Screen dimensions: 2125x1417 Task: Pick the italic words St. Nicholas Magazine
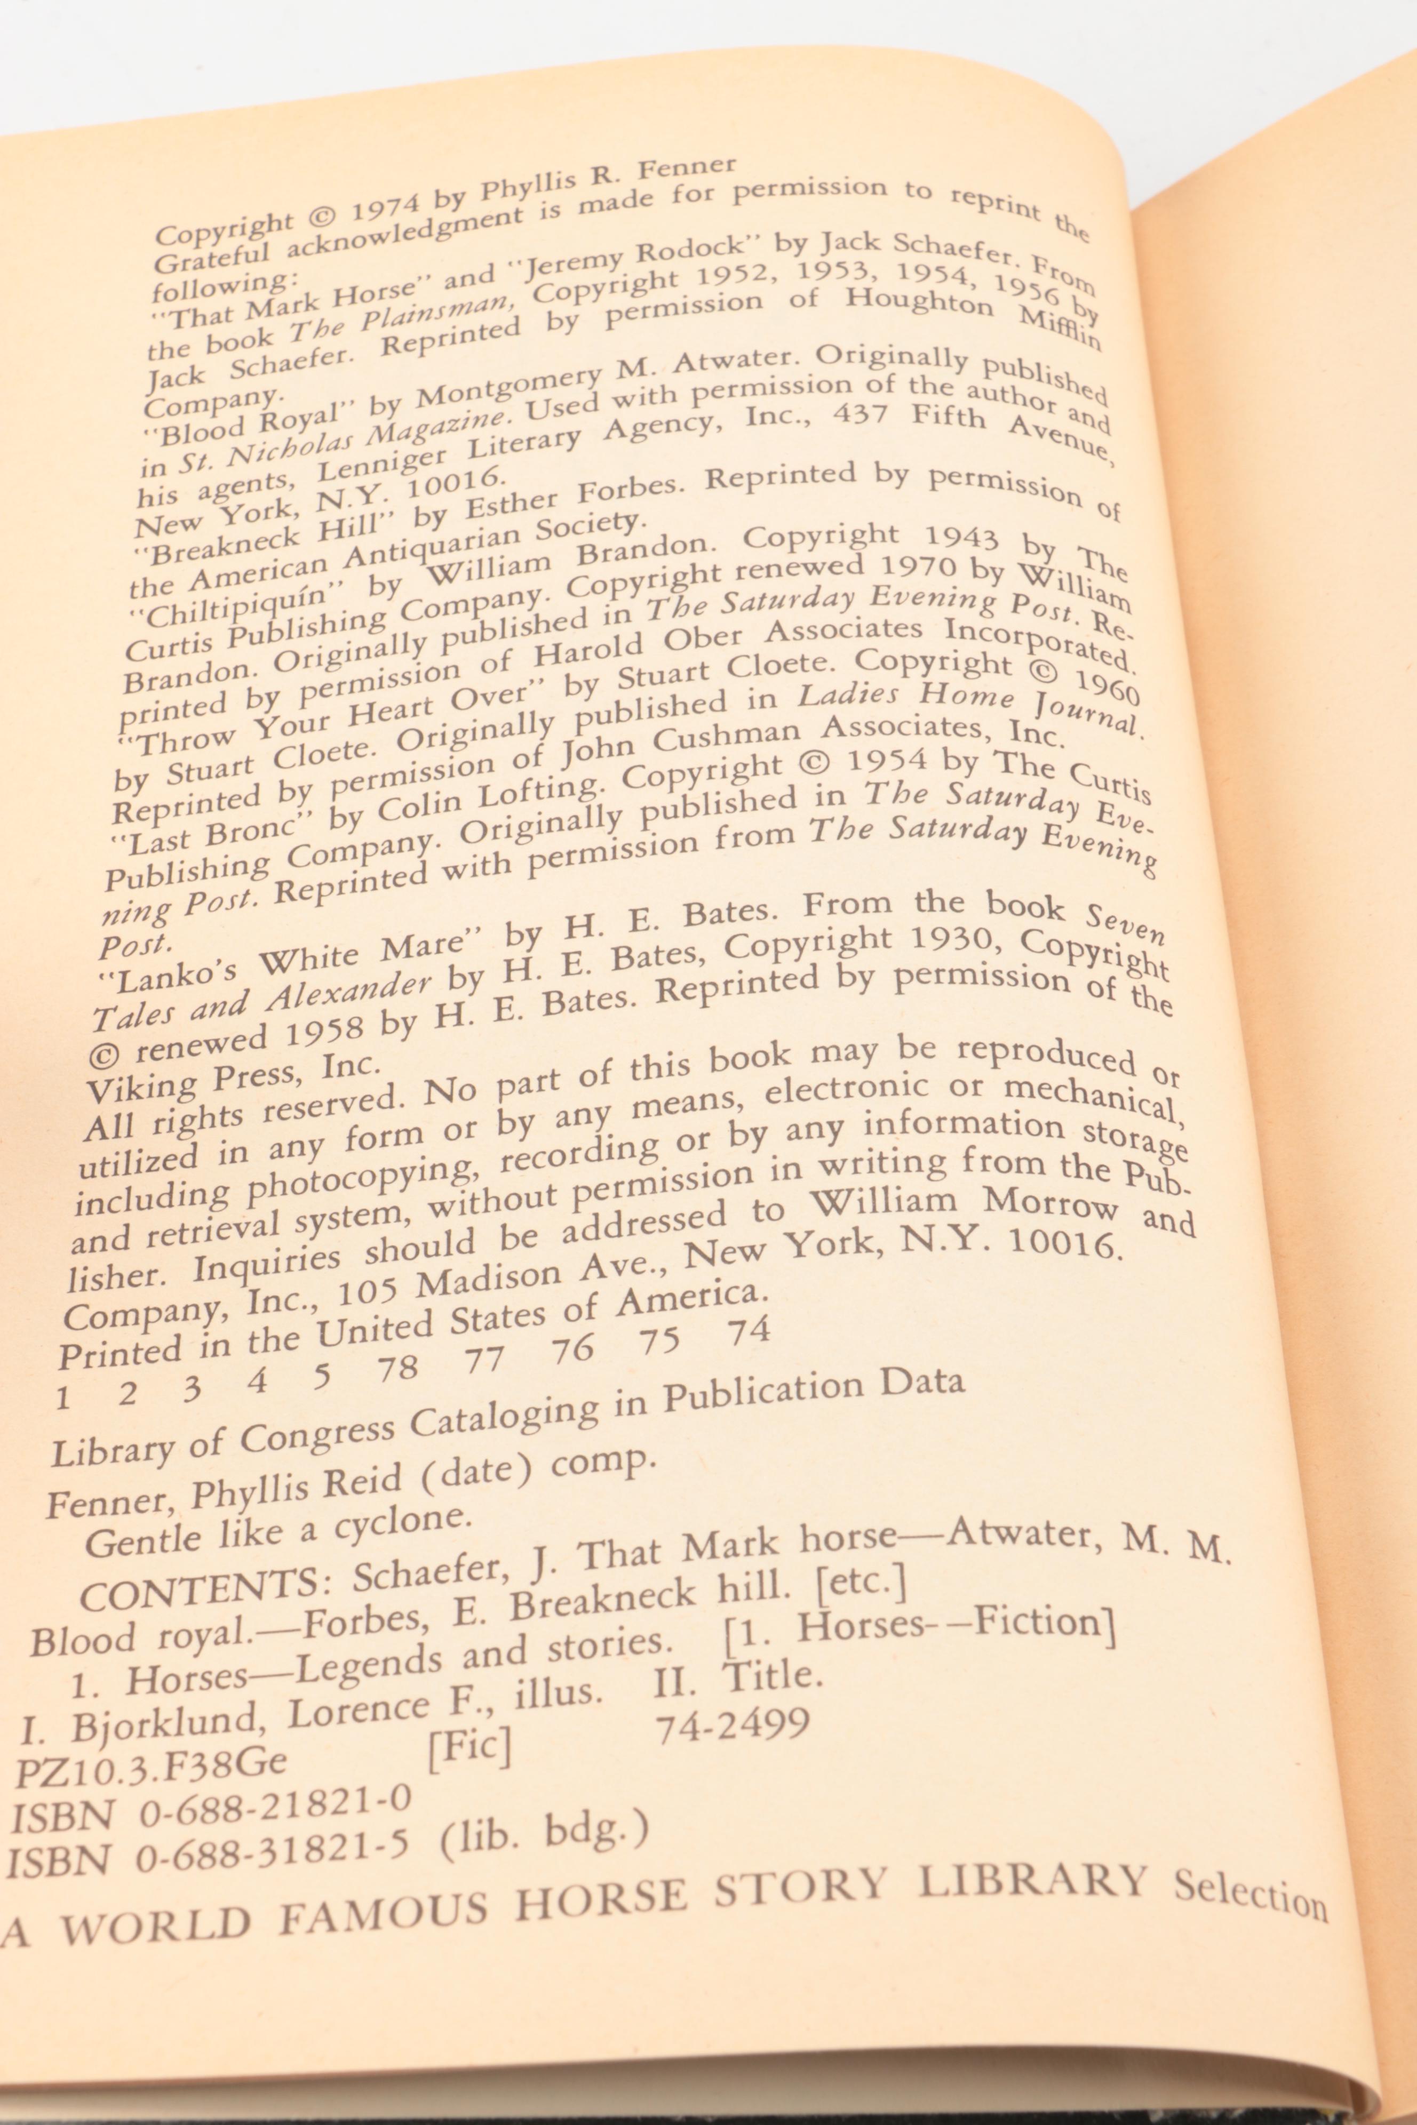click(x=344, y=441)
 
